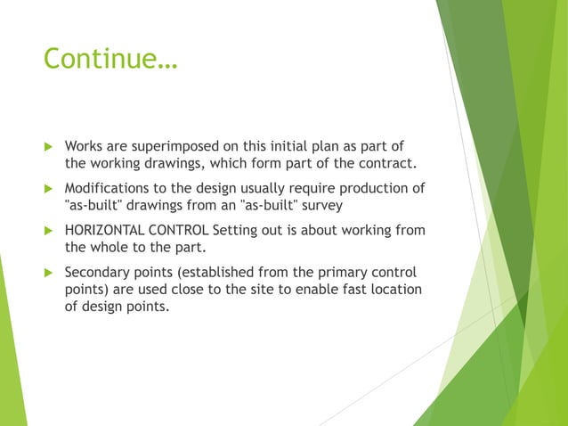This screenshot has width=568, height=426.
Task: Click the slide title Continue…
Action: coord(110,59)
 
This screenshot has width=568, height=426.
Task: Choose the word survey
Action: coord(321,205)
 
